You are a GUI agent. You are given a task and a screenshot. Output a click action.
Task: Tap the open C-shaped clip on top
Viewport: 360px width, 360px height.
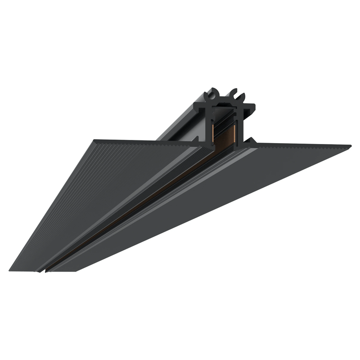pyautogui.click(x=237, y=96)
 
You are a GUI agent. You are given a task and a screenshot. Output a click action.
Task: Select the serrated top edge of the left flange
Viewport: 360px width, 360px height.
pyautogui.click(x=148, y=143)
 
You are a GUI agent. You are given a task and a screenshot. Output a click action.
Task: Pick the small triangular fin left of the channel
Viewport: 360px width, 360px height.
pyautogui.click(x=197, y=139)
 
